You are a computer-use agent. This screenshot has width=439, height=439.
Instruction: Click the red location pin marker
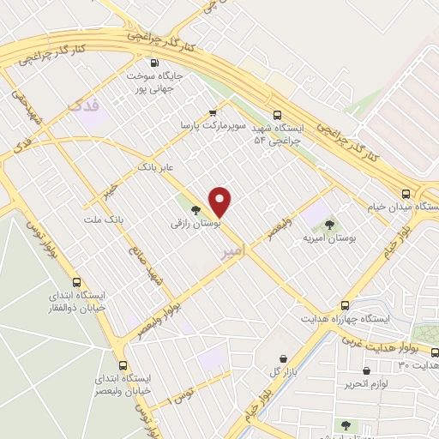[220, 201]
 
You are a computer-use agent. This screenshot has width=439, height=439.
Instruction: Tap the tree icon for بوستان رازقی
[196, 208]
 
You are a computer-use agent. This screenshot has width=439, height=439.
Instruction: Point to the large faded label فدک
[82, 105]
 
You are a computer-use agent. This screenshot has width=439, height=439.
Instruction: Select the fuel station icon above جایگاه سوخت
[154, 63]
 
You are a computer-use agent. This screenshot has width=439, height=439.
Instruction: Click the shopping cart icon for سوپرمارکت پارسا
[213, 111]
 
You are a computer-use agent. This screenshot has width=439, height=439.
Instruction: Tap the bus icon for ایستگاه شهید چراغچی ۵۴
[276, 115]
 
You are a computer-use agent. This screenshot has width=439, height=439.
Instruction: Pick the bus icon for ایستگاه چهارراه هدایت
[346, 305]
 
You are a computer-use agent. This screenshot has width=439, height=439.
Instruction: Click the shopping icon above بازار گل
[283, 358]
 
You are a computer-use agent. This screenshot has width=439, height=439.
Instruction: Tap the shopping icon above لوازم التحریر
[367, 371]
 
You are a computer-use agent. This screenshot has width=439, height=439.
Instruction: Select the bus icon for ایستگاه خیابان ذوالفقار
[77, 282]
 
